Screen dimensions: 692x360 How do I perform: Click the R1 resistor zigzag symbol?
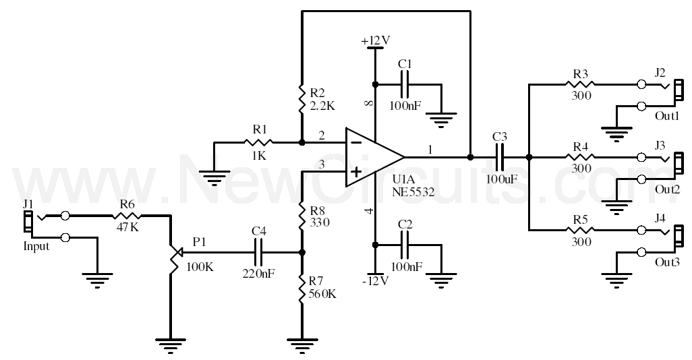click(258, 142)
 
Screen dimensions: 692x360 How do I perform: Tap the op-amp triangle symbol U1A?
click(375, 157)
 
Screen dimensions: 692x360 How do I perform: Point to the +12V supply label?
click(376, 40)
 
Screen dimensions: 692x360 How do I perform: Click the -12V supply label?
click(375, 281)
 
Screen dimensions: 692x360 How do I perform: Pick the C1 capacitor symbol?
click(405, 84)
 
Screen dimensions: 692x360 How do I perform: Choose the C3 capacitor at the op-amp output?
click(500, 156)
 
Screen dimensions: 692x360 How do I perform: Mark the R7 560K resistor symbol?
click(302, 289)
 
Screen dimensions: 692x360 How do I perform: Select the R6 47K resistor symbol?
click(126, 216)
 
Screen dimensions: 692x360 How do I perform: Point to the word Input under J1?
click(36, 246)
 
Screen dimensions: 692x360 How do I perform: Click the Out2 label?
click(667, 189)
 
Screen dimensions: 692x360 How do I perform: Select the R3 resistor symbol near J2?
click(580, 84)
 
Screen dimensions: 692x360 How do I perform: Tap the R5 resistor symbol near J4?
click(580, 229)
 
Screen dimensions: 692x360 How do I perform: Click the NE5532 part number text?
click(413, 192)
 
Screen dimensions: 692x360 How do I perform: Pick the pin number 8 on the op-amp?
click(370, 103)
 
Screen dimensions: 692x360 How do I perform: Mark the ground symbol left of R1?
click(214, 176)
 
